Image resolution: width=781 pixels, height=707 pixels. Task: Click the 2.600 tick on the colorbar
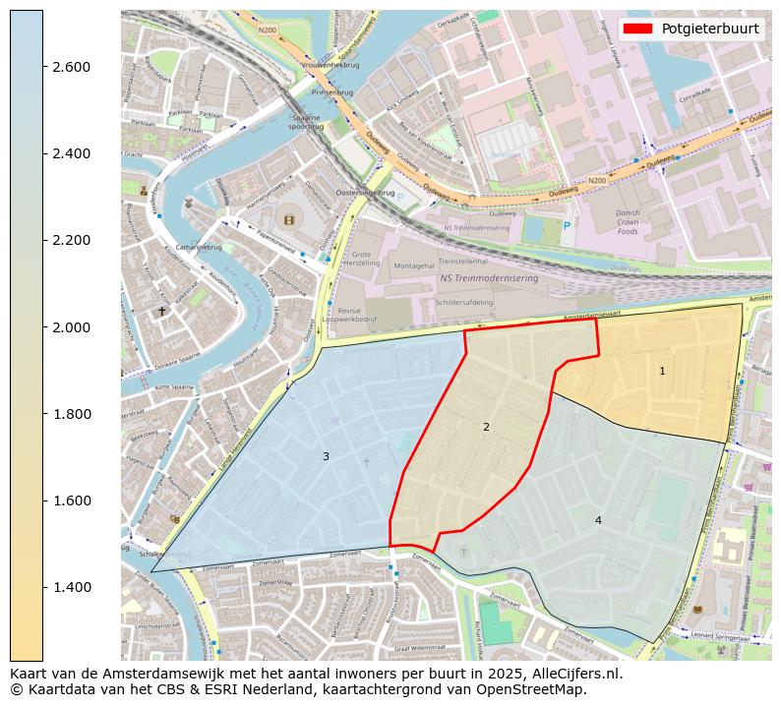tap(71, 67)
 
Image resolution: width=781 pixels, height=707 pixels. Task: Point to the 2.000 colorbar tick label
tap(71, 327)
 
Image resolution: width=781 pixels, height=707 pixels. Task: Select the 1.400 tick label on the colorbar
tap(71, 587)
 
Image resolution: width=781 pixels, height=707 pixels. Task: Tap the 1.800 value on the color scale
tap(71, 414)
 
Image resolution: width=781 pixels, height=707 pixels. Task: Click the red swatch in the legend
tap(639, 29)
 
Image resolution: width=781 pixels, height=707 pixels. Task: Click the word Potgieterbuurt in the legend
tap(709, 29)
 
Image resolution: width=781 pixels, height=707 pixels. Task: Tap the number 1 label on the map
tap(662, 371)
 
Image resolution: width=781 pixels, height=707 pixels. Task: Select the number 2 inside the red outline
tap(486, 427)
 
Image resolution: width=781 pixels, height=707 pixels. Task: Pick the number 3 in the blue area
tap(326, 456)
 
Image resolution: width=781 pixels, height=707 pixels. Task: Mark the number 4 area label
tap(598, 520)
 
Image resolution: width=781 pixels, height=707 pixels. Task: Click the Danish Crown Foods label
tap(628, 222)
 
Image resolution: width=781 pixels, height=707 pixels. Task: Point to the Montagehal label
tap(413, 265)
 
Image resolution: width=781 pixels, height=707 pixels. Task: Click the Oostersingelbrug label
tap(364, 194)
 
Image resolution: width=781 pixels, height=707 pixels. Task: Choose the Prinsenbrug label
tap(331, 92)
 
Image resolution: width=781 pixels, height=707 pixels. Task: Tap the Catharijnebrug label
tap(199, 248)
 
